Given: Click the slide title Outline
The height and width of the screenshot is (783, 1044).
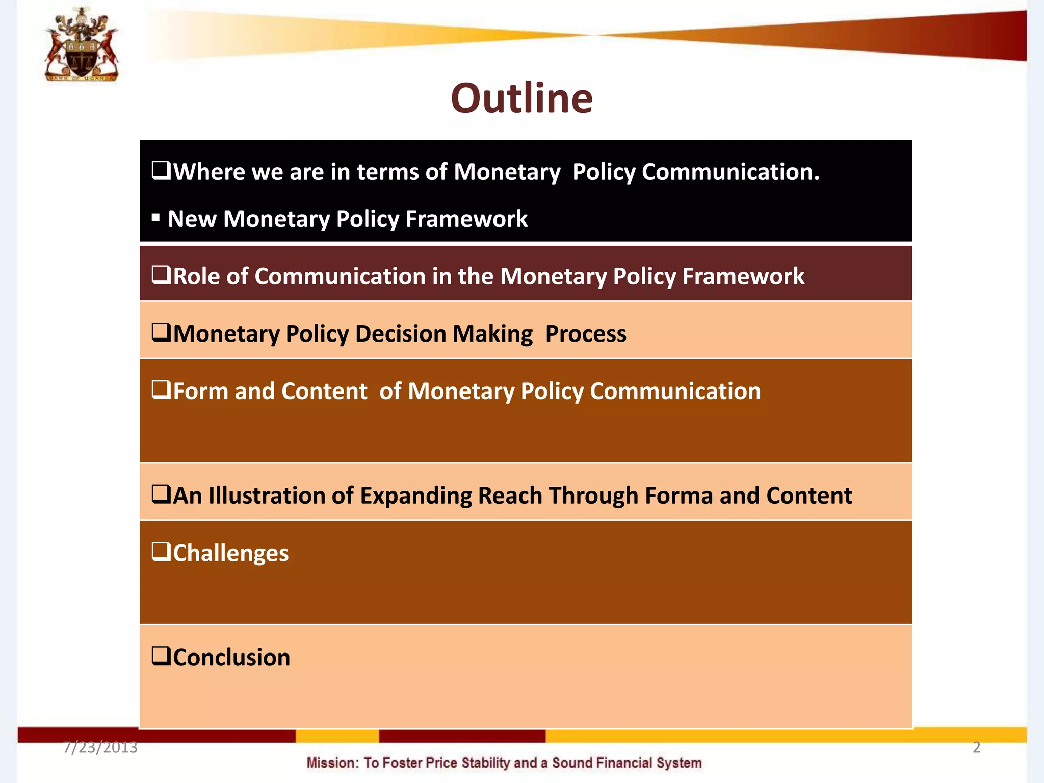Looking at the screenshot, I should coord(521,98).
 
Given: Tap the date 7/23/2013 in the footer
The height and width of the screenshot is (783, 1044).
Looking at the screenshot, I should coord(100,747).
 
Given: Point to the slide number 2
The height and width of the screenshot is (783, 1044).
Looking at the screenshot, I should coord(976,747).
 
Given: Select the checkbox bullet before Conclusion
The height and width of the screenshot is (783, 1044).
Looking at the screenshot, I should coord(161,656).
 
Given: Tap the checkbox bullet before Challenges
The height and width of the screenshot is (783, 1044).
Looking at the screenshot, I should coord(161,552).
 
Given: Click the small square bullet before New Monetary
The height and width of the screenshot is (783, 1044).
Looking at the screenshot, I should coord(156,218).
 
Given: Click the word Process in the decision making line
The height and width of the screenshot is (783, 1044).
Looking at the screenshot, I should coord(586,334).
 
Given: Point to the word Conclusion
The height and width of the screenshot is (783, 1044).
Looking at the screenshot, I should coord(231,658).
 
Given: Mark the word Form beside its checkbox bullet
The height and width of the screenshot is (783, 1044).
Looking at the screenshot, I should coord(200,391).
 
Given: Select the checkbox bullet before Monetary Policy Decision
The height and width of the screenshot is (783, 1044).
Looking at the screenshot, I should coord(161,333).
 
